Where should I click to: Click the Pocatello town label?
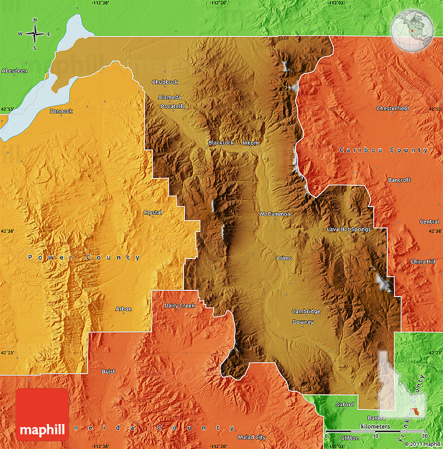(x=173, y=106)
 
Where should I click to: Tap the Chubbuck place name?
(x=165, y=82)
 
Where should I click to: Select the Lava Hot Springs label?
(x=349, y=229)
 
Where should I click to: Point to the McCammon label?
(x=275, y=214)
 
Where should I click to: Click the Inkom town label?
(x=250, y=143)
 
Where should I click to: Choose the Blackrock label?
(x=221, y=143)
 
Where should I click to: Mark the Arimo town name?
(x=284, y=258)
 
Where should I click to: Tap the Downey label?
(x=303, y=322)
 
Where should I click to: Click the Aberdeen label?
(x=14, y=70)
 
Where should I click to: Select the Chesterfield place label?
(x=393, y=108)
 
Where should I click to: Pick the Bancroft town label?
(x=399, y=180)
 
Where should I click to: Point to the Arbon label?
(x=124, y=309)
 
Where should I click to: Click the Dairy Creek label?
(x=179, y=305)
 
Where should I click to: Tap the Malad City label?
(x=252, y=438)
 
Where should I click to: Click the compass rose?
(x=35, y=34)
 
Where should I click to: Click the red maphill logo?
(x=42, y=414)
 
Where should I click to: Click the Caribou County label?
(x=384, y=150)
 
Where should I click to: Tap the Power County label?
(x=84, y=257)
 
